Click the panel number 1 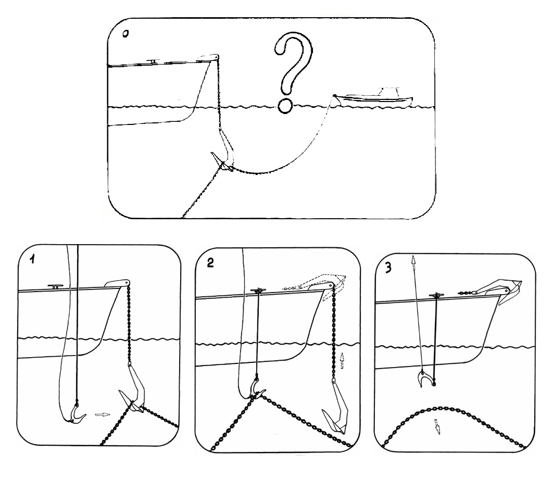32,259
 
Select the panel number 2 210,263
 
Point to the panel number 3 388,268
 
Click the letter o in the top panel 125,34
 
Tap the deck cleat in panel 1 55,287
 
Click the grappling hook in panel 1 75,415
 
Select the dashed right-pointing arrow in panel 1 103,415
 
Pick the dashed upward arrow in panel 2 342,360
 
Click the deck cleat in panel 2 259,291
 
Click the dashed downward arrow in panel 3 437,426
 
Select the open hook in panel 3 425,379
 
